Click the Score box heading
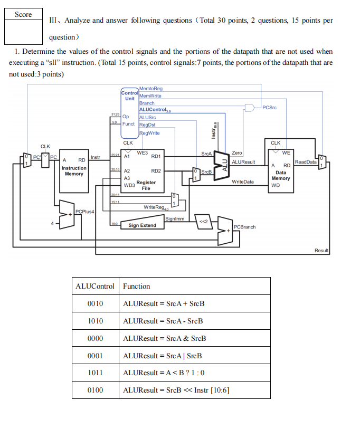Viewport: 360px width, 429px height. coord(23,14)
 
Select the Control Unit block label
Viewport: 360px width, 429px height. coord(129,96)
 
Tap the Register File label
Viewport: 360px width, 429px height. coord(146,185)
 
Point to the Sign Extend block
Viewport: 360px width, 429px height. coord(142,225)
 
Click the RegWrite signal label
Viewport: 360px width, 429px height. coord(149,133)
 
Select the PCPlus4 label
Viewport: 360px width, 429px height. coord(84,212)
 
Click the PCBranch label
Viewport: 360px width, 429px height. coord(244,227)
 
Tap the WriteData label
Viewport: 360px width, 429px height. coord(243,182)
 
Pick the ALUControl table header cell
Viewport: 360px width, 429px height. coord(95,286)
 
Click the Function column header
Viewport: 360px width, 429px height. coord(137,286)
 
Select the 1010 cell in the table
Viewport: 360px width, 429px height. coord(95,321)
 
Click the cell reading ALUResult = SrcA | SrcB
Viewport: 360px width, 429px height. coord(163,356)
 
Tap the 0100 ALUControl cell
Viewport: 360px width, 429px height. coord(95,390)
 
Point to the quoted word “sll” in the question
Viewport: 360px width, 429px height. coord(54,62)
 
